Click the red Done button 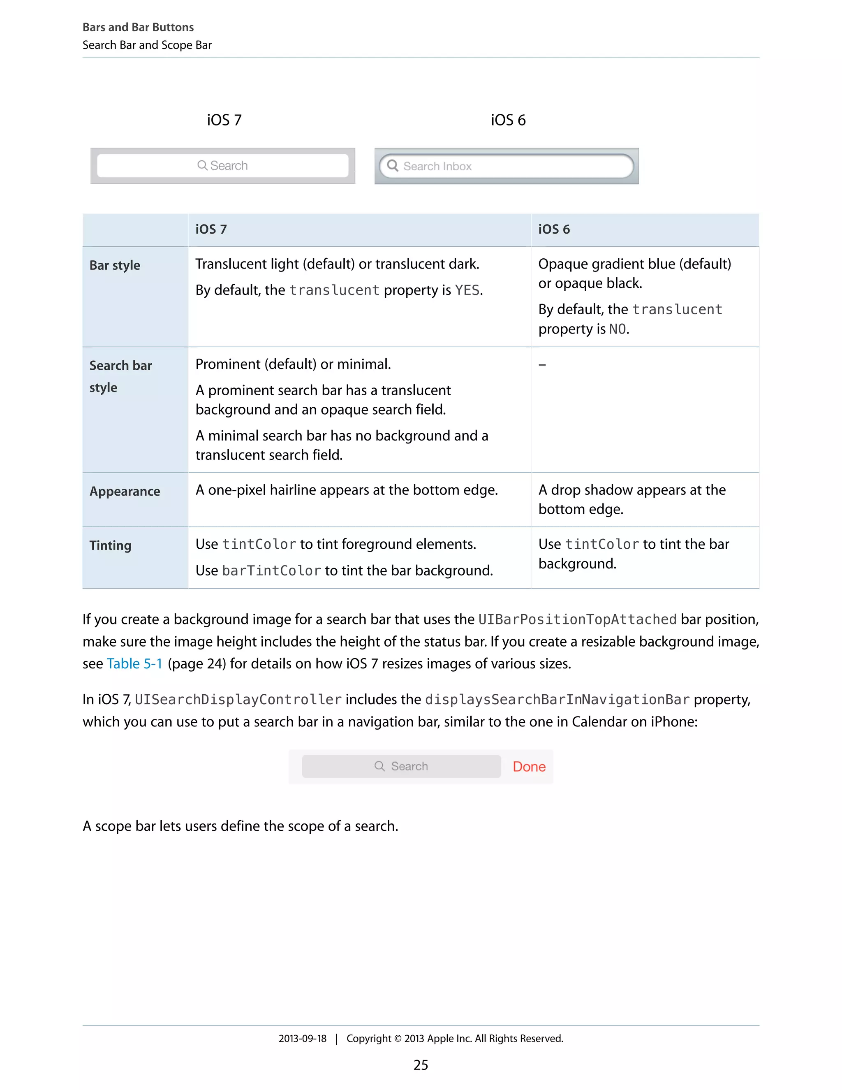pos(529,767)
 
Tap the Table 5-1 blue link pos(134,664)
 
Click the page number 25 pos(421,1065)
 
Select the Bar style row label pos(115,266)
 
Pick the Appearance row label pos(125,492)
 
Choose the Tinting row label pos(110,545)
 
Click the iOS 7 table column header pos(211,230)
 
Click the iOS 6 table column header pos(554,230)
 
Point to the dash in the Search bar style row pos(542,365)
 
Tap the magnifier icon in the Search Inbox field pos(393,166)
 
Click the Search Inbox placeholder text pos(437,167)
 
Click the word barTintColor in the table pos(271,571)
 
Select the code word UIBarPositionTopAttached pos(577,620)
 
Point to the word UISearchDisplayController pos(238,700)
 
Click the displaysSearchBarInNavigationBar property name pos(557,700)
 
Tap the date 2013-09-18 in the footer pos(302,1039)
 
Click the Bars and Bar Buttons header pos(138,28)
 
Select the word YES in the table pos(467,290)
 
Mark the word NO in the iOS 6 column pos(617,329)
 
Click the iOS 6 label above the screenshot pos(508,120)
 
